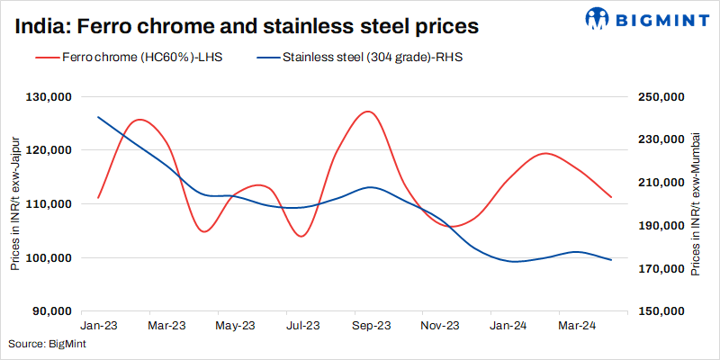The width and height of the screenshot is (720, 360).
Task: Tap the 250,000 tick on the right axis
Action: [x=661, y=96]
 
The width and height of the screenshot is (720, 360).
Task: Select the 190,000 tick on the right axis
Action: [x=661, y=226]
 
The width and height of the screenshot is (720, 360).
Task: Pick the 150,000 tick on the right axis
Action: [x=661, y=311]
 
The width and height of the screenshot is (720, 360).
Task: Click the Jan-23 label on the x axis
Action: [x=98, y=325]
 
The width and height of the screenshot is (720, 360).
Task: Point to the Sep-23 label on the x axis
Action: [x=371, y=325]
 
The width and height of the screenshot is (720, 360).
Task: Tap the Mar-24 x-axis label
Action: [x=576, y=325]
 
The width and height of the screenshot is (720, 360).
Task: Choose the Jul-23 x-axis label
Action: [x=302, y=325]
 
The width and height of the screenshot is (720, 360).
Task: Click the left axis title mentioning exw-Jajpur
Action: [x=15, y=204]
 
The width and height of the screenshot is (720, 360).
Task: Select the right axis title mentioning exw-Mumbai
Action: [x=696, y=204]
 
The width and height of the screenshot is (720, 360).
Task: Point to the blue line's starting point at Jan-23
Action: [x=98, y=117]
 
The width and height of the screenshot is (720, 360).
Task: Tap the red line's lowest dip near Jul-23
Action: [x=301, y=237]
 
